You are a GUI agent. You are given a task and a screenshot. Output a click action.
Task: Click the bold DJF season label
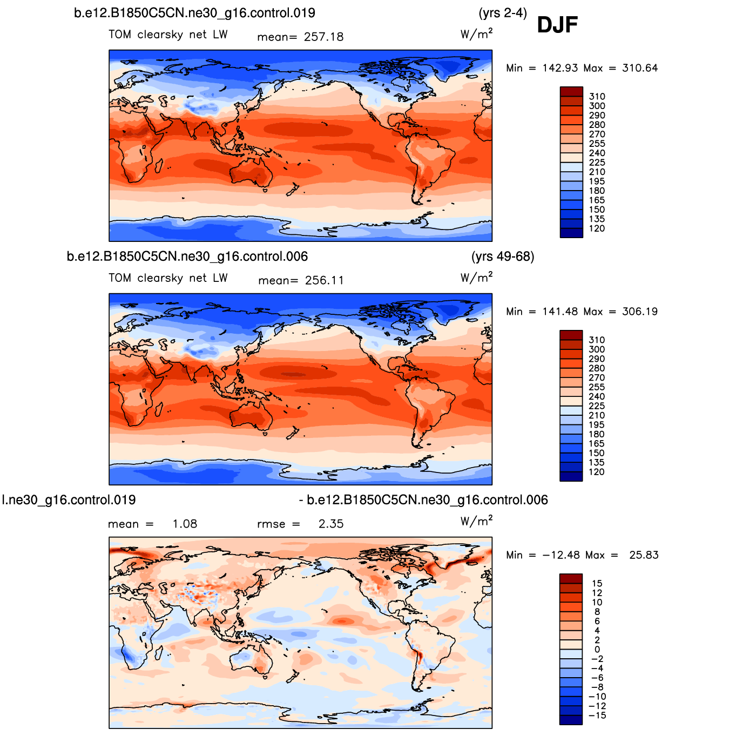(557, 25)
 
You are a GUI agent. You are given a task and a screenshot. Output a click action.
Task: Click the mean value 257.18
(323, 37)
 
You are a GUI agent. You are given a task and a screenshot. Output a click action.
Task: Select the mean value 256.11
(324, 280)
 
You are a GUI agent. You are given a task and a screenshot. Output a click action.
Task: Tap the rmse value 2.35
(331, 524)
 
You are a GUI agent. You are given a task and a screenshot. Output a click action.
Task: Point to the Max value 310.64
(640, 68)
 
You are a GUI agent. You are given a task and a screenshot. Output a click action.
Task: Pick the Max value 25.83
(644, 555)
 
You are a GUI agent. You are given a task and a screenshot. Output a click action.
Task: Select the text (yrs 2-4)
(503, 13)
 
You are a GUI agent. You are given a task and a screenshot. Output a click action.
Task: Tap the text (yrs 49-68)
(503, 256)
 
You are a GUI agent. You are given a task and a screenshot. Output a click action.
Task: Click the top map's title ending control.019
(194, 13)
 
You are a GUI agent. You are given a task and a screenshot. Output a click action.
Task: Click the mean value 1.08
(185, 524)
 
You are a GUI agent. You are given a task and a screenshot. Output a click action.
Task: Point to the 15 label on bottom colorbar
(597, 583)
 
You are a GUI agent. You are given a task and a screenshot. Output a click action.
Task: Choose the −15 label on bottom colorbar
(598, 715)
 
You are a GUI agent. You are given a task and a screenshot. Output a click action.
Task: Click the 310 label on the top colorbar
(597, 97)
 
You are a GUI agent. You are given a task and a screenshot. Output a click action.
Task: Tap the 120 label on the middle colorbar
(597, 472)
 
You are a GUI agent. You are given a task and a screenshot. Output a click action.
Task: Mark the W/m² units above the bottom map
(476, 521)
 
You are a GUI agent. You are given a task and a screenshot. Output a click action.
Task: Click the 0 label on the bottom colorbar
(597, 650)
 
